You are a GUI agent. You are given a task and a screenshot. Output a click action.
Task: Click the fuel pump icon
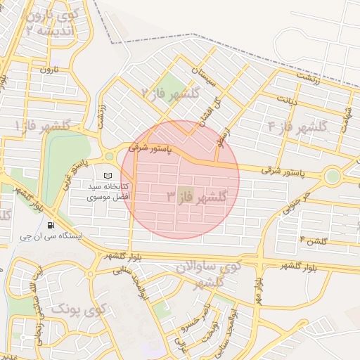click(51, 225)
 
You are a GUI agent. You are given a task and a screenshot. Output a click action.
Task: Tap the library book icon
click(108, 175)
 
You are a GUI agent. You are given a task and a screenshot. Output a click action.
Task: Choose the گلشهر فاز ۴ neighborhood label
click(298, 127)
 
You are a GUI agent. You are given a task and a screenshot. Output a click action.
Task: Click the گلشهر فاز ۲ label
click(171, 93)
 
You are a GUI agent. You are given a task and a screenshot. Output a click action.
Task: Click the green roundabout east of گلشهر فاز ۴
click(332, 176)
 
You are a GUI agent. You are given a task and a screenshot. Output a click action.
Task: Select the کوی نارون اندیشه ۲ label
click(49, 22)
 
